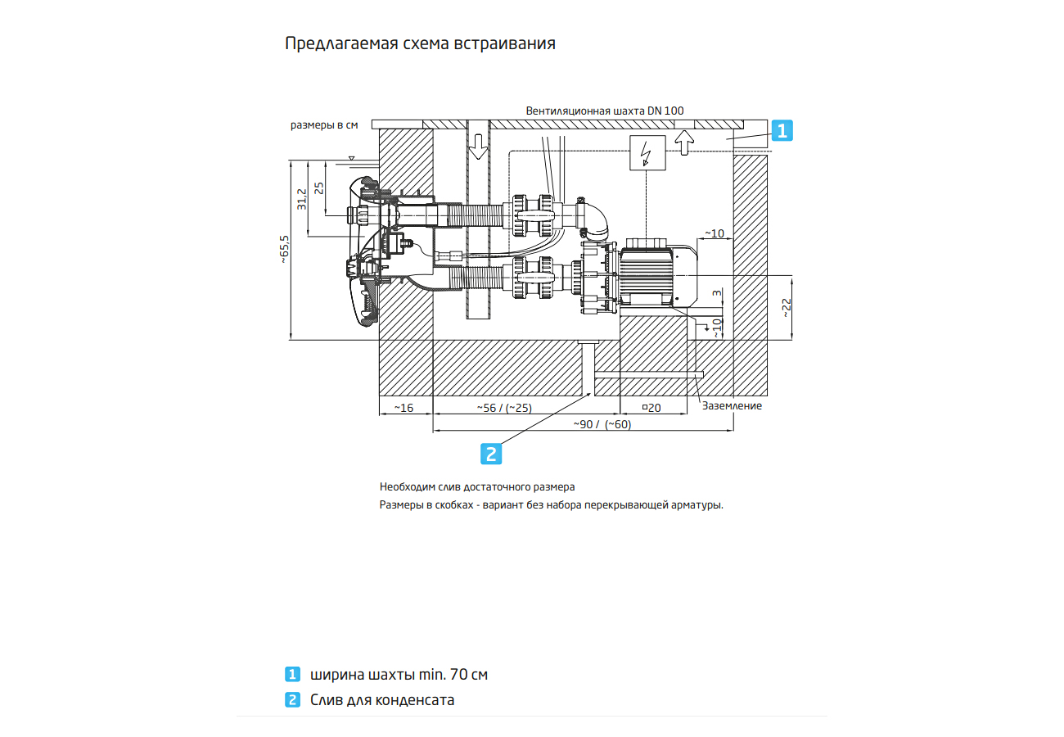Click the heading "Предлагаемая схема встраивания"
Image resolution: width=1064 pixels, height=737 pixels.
pos(420,43)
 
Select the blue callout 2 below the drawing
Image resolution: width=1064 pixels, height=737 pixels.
pos(490,454)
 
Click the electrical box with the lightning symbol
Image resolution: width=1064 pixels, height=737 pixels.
pos(647,153)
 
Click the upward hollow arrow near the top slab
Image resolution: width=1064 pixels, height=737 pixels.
pos(682,142)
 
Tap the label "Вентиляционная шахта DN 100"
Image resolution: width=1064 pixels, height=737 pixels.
pos(605,111)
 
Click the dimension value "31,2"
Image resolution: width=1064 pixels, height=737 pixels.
pos(302,199)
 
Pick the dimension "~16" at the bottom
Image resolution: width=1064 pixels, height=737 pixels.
pos(404,407)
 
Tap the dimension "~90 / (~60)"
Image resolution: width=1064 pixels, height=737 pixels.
pos(602,424)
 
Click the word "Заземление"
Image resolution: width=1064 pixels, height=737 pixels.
pos(732,405)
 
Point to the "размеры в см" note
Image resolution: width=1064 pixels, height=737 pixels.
pos(325,125)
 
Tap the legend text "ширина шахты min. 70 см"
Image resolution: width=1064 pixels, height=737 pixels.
pos(399,675)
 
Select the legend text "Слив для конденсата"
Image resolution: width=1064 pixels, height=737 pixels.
pos(381,700)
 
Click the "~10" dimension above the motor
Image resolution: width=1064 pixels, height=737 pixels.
pos(714,233)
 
